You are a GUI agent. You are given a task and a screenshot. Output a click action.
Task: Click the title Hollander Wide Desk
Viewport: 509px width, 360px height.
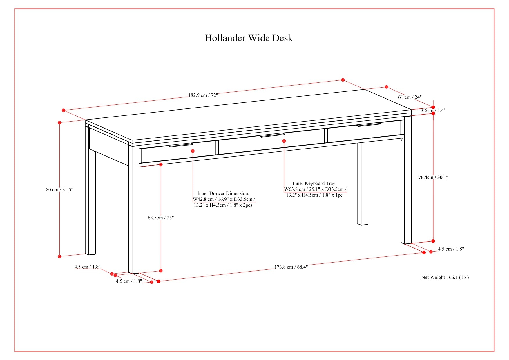pyautogui.click(x=249, y=38)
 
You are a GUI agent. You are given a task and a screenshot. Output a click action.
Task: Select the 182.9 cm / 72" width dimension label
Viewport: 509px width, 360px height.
pyautogui.click(x=203, y=95)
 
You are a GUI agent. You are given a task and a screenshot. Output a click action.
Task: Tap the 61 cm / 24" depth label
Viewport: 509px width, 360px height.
pyautogui.click(x=410, y=97)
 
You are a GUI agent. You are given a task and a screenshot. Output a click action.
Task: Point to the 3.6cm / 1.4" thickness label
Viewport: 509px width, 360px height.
pyautogui.click(x=433, y=110)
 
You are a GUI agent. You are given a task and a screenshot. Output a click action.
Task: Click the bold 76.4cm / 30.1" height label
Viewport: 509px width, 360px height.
pyautogui.click(x=433, y=177)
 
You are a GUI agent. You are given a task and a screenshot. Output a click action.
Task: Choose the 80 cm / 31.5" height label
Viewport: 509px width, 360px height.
pyautogui.click(x=59, y=190)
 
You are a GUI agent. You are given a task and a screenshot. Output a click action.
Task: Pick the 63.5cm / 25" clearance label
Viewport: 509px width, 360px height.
pyautogui.click(x=161, y=218)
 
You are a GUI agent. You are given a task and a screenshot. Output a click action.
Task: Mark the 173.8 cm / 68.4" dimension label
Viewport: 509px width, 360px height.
pyautogui.click(x=291, y=267)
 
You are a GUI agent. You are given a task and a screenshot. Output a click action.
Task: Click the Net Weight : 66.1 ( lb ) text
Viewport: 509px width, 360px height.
pyautogui.click(x=445, y=277)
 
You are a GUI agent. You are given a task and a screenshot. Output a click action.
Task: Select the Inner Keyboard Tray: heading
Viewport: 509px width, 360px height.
pyautogui.click(x=314, y=183)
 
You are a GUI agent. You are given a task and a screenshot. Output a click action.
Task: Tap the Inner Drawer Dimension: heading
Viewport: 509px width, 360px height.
pyautogui.click(x=223, y=193)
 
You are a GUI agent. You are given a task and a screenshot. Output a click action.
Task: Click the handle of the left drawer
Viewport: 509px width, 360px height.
pyautogui.click(x=181, y=145)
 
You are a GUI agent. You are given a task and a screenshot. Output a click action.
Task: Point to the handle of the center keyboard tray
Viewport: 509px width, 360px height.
pyautogui.click(x=272, y=135)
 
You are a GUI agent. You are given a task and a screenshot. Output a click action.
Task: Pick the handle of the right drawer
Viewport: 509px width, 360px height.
pyautogui.click(x=369, y=125)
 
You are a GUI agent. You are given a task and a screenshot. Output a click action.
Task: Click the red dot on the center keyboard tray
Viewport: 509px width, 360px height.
pyautogui.click(x=284, y=141)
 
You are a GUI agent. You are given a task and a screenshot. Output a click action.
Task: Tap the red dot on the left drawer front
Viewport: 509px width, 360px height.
pyautogui.click(x=193, y=151)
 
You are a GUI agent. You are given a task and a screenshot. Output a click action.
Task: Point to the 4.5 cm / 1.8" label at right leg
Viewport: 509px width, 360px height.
pyautogui.click(x=451, y=249)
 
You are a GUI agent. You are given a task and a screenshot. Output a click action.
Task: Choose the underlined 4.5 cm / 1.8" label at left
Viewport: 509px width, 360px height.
pyautogui.click(x=87, y=267)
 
